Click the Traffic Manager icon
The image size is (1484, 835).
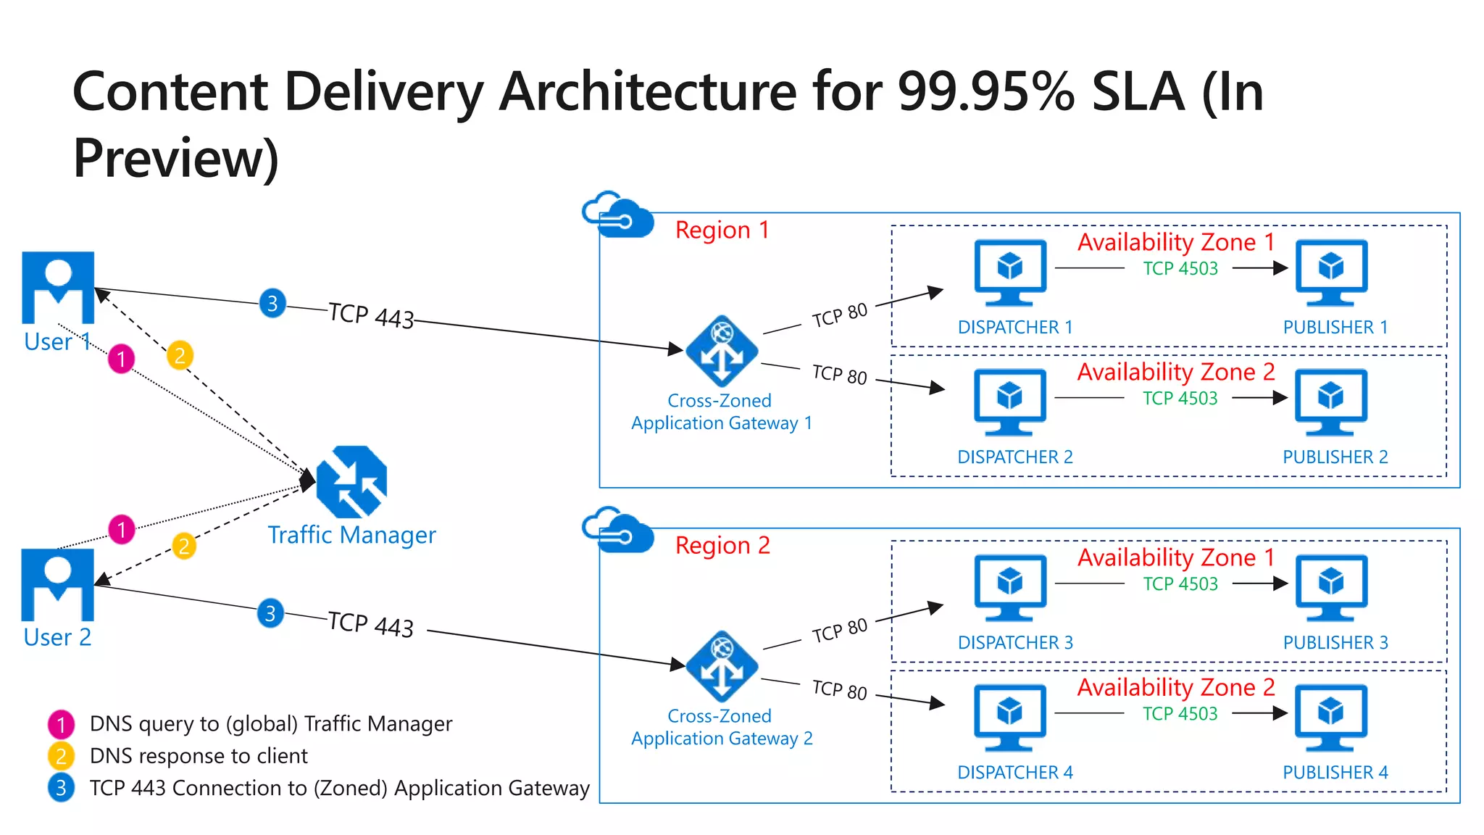click(352, 481)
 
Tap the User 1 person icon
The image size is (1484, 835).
click(58, 288)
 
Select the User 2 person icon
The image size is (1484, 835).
click(58, 584)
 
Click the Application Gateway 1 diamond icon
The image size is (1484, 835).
click(722, 352)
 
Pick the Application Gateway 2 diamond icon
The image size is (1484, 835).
click(722, 667)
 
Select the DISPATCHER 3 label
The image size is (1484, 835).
click(1015, 643)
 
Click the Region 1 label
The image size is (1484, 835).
click(722, 230)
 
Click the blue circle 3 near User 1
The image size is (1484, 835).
click(272, 303)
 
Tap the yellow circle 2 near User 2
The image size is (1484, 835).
click(184, 546)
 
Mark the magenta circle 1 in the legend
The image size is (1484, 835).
click(61, 724)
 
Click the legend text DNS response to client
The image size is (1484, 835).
click(199, 756)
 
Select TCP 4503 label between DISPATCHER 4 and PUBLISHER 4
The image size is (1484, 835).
click(1180, 714)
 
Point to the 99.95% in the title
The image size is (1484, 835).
click(986, 92)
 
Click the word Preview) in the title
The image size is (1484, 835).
click(176, 158)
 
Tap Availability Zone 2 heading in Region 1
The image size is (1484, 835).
click(1175, 372)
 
